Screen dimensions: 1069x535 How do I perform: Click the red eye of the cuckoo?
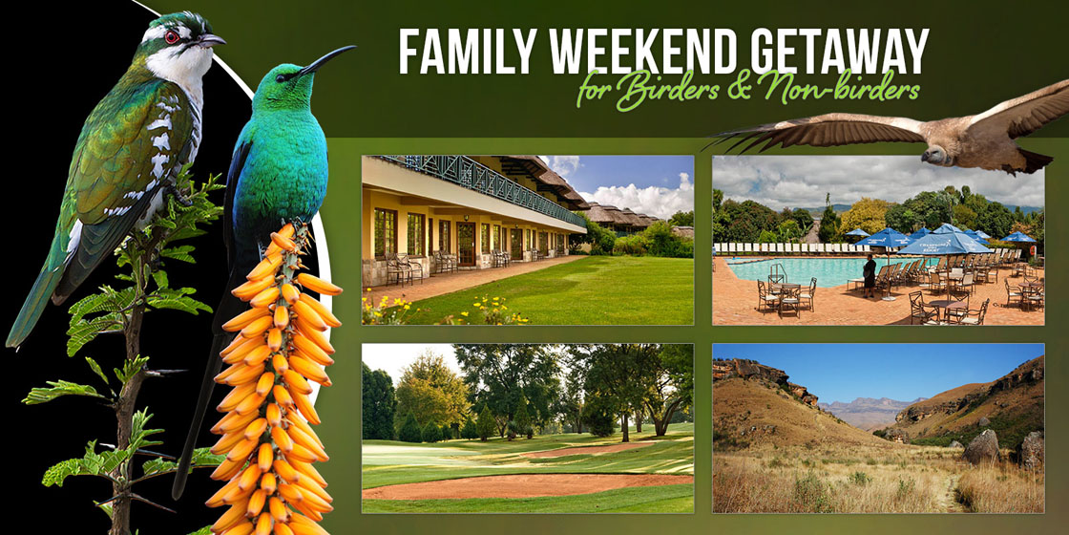tap(171, 37)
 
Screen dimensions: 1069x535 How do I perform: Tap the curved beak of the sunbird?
tap(328, 58)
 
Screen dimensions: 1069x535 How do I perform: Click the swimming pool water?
tap(798, 270)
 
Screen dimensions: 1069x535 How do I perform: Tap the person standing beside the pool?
tap(870, 276)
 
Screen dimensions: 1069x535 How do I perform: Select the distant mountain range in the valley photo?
tap(863, 410)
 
